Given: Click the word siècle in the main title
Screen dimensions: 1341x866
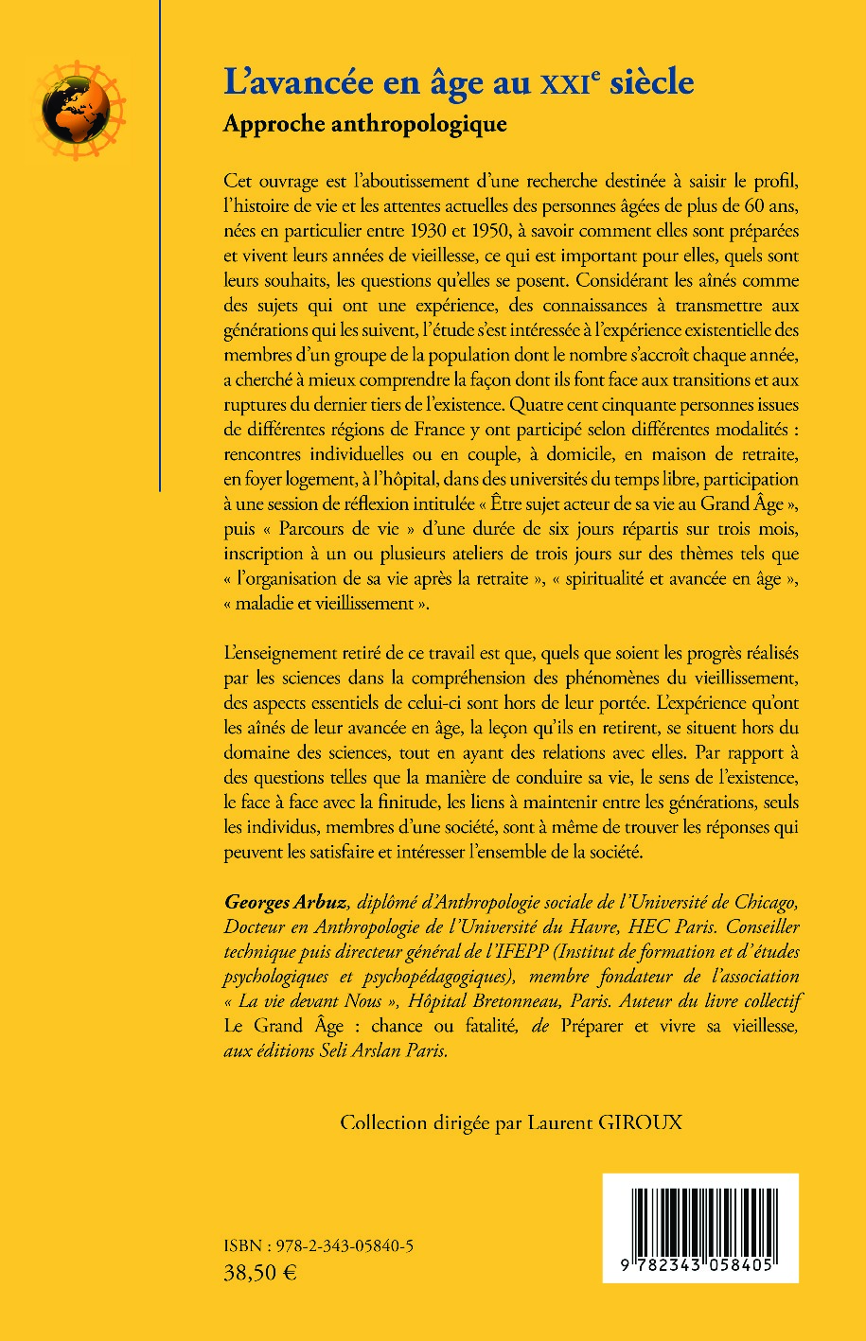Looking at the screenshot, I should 649,82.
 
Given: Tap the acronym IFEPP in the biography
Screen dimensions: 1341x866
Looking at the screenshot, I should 508,950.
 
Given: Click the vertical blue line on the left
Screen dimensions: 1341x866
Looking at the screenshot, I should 160,246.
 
